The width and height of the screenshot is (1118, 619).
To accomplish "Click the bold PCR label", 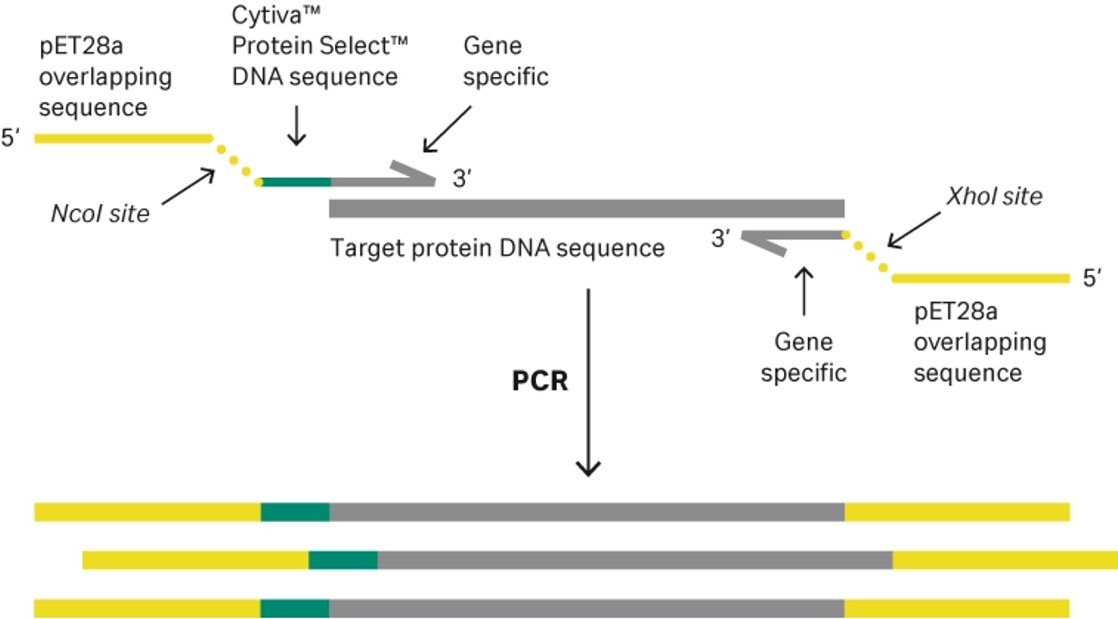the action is (x=540, y=381).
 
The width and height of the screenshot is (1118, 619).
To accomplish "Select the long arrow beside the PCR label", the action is (x=588, y=383).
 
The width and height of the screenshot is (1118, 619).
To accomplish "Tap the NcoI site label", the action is (x=100, y=214).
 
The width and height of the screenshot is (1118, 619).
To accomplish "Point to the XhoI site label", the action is (x=994, y=196).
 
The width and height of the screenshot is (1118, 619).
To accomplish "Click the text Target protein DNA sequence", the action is (x=497, y=248).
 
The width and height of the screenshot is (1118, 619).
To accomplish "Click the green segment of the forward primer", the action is (x=296, y=182).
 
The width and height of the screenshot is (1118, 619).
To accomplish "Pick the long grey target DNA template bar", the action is (x=587, y=208).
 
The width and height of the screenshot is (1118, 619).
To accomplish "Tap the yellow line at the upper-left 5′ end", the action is (x=123, y=139).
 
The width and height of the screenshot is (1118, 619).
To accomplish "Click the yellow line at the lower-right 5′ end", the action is (x=981, y=279).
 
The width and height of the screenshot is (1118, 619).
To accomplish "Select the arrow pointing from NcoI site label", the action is (x=188, y=186).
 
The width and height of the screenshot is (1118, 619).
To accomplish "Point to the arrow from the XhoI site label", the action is (x=914, y=230).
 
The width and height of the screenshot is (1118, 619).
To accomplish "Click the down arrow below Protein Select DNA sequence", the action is (x=296, y=125).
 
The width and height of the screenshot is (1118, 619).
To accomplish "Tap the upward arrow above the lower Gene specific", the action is (x=804, y=291).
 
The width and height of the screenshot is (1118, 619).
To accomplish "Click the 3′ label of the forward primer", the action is (x=462, y=179).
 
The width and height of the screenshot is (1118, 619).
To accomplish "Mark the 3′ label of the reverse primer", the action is (x=720, y=238).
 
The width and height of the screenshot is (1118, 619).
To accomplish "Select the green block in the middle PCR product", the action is (x=343, y=560).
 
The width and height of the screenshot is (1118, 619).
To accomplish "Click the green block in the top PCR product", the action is (x=295, y=512).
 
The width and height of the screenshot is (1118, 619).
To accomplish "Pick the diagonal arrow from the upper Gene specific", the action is (x=447, y=129).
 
